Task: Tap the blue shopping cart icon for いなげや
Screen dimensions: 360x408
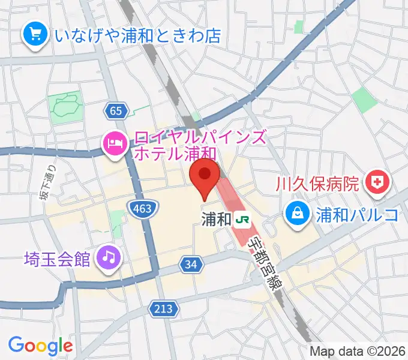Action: click(34, 34)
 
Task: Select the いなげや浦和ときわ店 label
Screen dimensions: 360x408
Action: click(137, 35)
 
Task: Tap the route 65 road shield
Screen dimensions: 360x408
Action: click(116, 110)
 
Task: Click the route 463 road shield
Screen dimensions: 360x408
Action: click(143, 208)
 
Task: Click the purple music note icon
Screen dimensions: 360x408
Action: click(109, 259)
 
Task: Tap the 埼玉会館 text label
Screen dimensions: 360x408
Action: click(58, 259)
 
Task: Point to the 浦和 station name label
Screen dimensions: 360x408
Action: click(216, 220)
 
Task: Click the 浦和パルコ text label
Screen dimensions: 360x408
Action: click(356, 213)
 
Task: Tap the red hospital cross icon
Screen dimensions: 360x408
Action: click(378, 181)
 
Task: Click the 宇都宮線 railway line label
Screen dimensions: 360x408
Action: click(265, 259)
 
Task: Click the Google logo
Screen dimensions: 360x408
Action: click(40, 346)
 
